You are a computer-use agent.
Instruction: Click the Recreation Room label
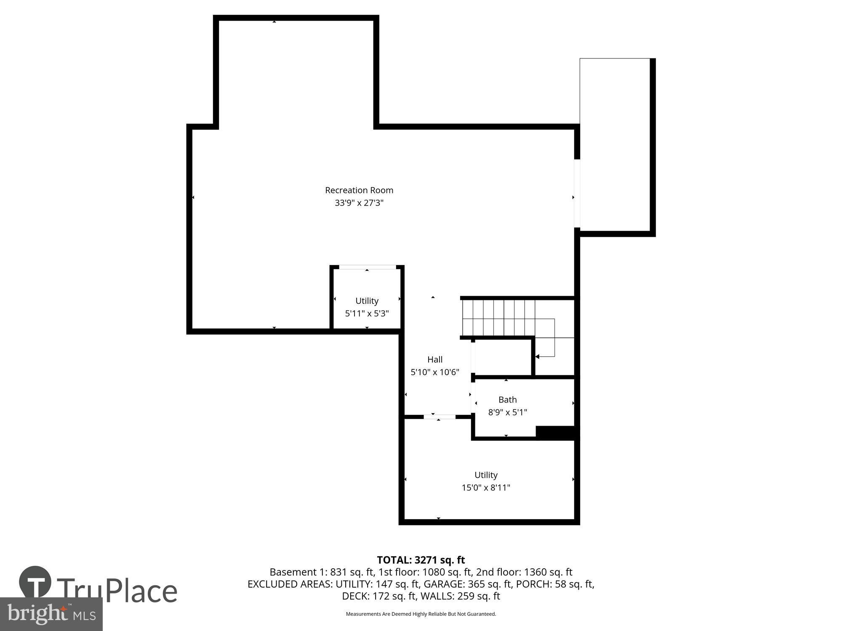tap(359, 190)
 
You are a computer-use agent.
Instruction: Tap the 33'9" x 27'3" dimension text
tap(359, 203)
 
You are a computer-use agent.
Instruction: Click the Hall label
tap(435, 359)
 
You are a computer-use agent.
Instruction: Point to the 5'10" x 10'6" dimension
tap(435, 372)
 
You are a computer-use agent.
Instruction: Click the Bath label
tap(507, 400)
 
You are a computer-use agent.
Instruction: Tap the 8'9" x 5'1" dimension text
tap(507, 412)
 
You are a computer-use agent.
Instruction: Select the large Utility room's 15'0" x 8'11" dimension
tap(486, 488)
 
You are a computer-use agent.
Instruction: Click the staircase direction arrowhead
tap(537, 357)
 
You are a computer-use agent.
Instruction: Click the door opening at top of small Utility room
tap(367, 267)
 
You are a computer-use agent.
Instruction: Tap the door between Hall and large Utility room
tap(439, 416)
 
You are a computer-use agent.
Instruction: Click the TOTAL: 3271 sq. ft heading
tap(421, 560)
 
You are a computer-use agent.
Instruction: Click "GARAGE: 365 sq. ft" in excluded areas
tap(467, 584)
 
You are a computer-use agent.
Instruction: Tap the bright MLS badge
tap(51, 614)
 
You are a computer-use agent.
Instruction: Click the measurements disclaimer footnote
tap(421, 614)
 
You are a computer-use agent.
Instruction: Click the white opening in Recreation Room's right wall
tap(577, 194)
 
